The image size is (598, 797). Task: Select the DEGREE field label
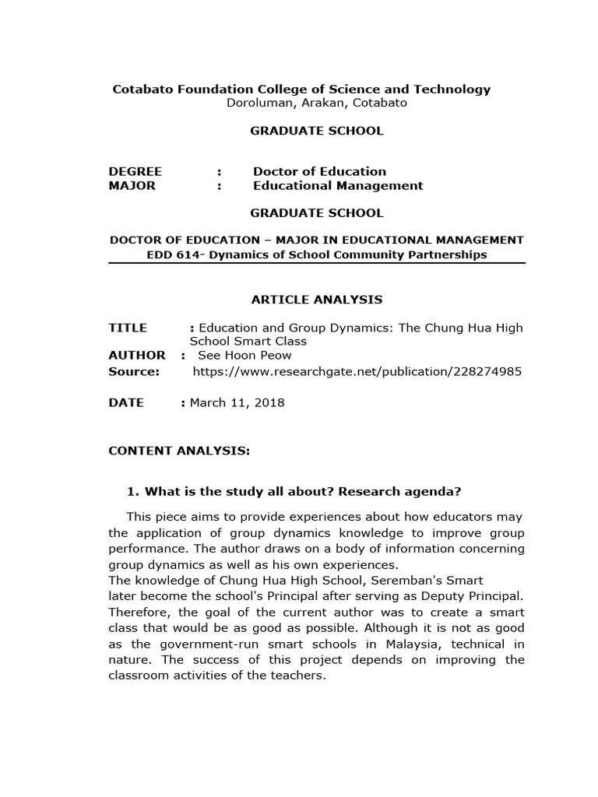135,171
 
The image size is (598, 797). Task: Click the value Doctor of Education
319,171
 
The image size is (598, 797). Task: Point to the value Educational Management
338,185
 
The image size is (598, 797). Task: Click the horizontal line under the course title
317,264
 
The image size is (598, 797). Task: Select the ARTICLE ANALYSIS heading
316,300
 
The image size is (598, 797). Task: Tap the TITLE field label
128,328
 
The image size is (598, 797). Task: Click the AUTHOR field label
137,355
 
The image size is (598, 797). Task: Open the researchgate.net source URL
357,371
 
